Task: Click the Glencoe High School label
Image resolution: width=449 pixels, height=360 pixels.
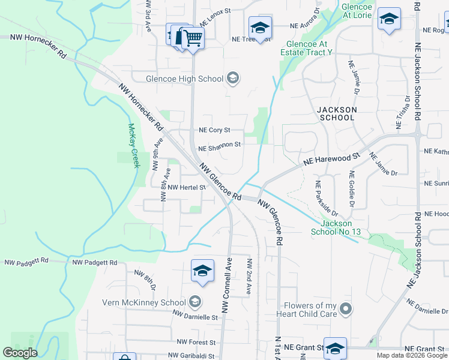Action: point(184,79)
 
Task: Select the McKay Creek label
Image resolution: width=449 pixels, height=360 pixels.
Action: point(133,146)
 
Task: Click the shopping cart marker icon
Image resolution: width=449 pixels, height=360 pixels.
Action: point(192,38)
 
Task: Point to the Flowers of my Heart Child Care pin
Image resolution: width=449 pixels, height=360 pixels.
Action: point(345,310)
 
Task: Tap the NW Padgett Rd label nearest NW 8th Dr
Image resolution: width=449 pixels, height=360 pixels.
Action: point(95,263)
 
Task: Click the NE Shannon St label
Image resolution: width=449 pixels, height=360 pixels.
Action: point(219,145)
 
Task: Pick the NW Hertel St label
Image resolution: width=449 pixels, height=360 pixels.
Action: point(187,187)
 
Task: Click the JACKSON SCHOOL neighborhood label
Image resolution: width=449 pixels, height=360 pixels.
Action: point(337,114)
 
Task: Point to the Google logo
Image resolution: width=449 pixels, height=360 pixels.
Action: point(20,353)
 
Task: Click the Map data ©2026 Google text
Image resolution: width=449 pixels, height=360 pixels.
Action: point(411,355)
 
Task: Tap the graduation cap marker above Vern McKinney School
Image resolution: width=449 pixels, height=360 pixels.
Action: point(202,271)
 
